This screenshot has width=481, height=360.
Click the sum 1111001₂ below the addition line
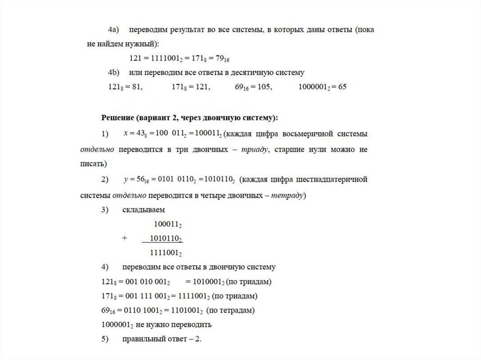(x=165, y=253)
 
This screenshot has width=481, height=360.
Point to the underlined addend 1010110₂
(x=165, y=238)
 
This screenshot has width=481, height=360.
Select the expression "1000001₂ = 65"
(x=322, y=87)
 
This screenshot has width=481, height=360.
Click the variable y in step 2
(x=126, y=179)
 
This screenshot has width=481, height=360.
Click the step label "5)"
(x=105, y=339)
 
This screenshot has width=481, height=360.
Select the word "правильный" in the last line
(x=143, y=339)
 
